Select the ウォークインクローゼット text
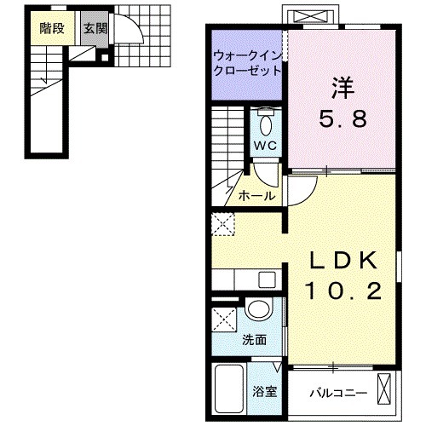(x=247, y=62)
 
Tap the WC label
(x=266, y=145)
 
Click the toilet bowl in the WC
(x=266, y=124)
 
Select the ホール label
(x=256, y=196)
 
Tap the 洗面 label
(x=255, y=339)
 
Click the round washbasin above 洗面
(x=257, y=311)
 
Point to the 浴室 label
(x=264, y=392)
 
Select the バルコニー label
(x=337, y=394)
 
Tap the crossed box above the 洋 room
(x=313, y=17)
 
